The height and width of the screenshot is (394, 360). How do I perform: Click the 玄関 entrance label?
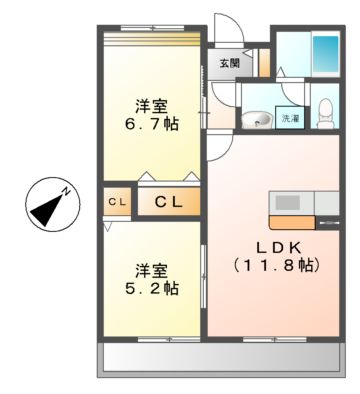[x=229, y=64]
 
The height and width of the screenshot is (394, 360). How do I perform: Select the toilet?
[x=326, y=114]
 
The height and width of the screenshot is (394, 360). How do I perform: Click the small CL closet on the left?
[x=117, y=203]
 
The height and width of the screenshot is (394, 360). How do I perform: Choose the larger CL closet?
[x=166, y=203]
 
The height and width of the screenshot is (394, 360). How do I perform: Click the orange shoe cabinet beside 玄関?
[x=260, y=63]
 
